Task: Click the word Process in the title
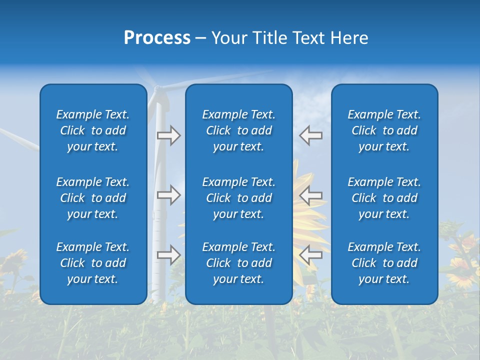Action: (x=157, y=38)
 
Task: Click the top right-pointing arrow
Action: (x=168, y=135)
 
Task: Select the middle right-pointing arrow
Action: (x=168, y=194)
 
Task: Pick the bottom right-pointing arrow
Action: (x=168, y=254)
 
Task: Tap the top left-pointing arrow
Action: (x=310, y=135)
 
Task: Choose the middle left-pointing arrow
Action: (x=310, y=194)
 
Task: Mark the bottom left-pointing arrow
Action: (x=310, y=254)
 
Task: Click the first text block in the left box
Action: (x=93, y=130)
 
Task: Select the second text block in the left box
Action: (x=93, y=198)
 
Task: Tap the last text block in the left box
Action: (x=93, y=263)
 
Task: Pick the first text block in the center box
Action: (x=238, y=130)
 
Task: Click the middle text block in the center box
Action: (x=238, y=198)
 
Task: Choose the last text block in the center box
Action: (x=238, y=263)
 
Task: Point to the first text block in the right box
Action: (x=384, y=130)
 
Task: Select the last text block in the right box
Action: (x=384, y=263)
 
